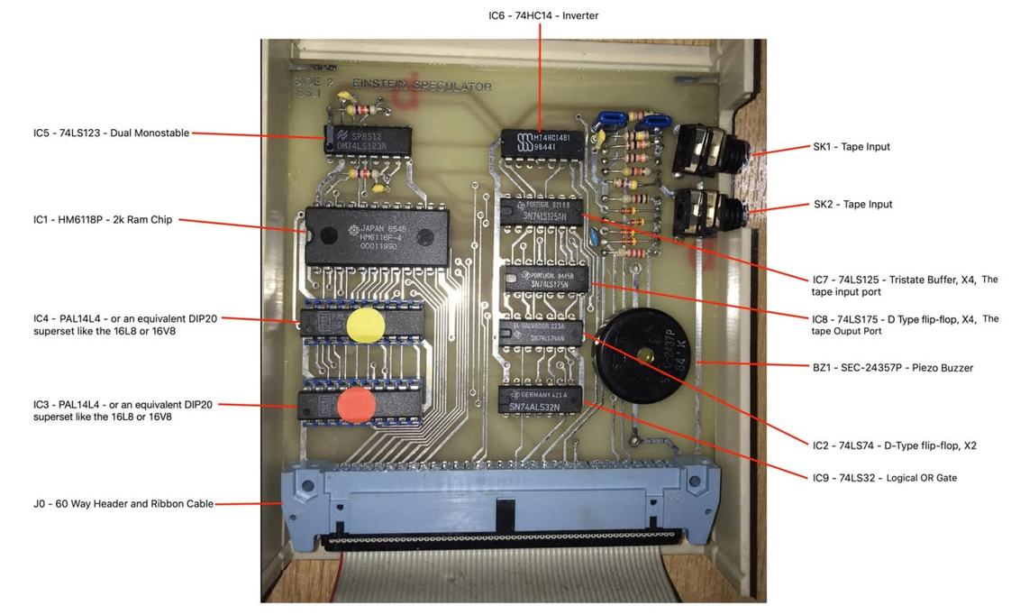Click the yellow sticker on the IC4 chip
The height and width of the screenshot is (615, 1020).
point(365,326)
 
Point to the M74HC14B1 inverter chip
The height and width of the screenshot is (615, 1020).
point(545,143)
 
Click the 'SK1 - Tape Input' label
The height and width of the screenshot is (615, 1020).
point(852,146)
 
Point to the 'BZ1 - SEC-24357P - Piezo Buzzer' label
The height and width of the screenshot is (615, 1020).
point(892,368)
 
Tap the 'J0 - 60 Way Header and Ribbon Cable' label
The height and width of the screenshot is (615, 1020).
point(123,504)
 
